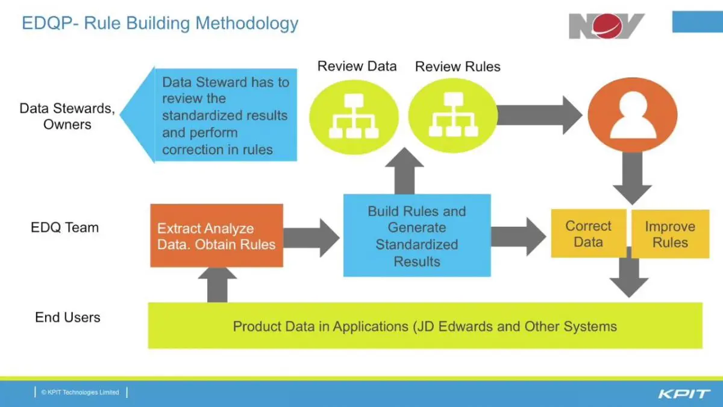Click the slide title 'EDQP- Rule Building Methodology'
[x=160, y=24]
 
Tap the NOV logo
[x=606, y=26]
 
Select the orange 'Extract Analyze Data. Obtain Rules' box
[x=216, y=236]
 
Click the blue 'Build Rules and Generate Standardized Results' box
[x=416, y=236]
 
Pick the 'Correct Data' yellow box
[x=588, y=234]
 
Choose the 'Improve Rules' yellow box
[x=669, y=235]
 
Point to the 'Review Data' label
[x=357, y=66]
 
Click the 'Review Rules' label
[x=457, y=66]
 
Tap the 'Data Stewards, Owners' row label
[x=67, y=116]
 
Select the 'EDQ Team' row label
[x=64, y=228]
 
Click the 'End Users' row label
[x=67, y=317]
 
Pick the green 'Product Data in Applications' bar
[x=425, y=326]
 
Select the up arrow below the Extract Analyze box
[x=217, y=285]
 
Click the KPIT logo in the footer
[x=684, y=394]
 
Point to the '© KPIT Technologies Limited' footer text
[x=80, y=393]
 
